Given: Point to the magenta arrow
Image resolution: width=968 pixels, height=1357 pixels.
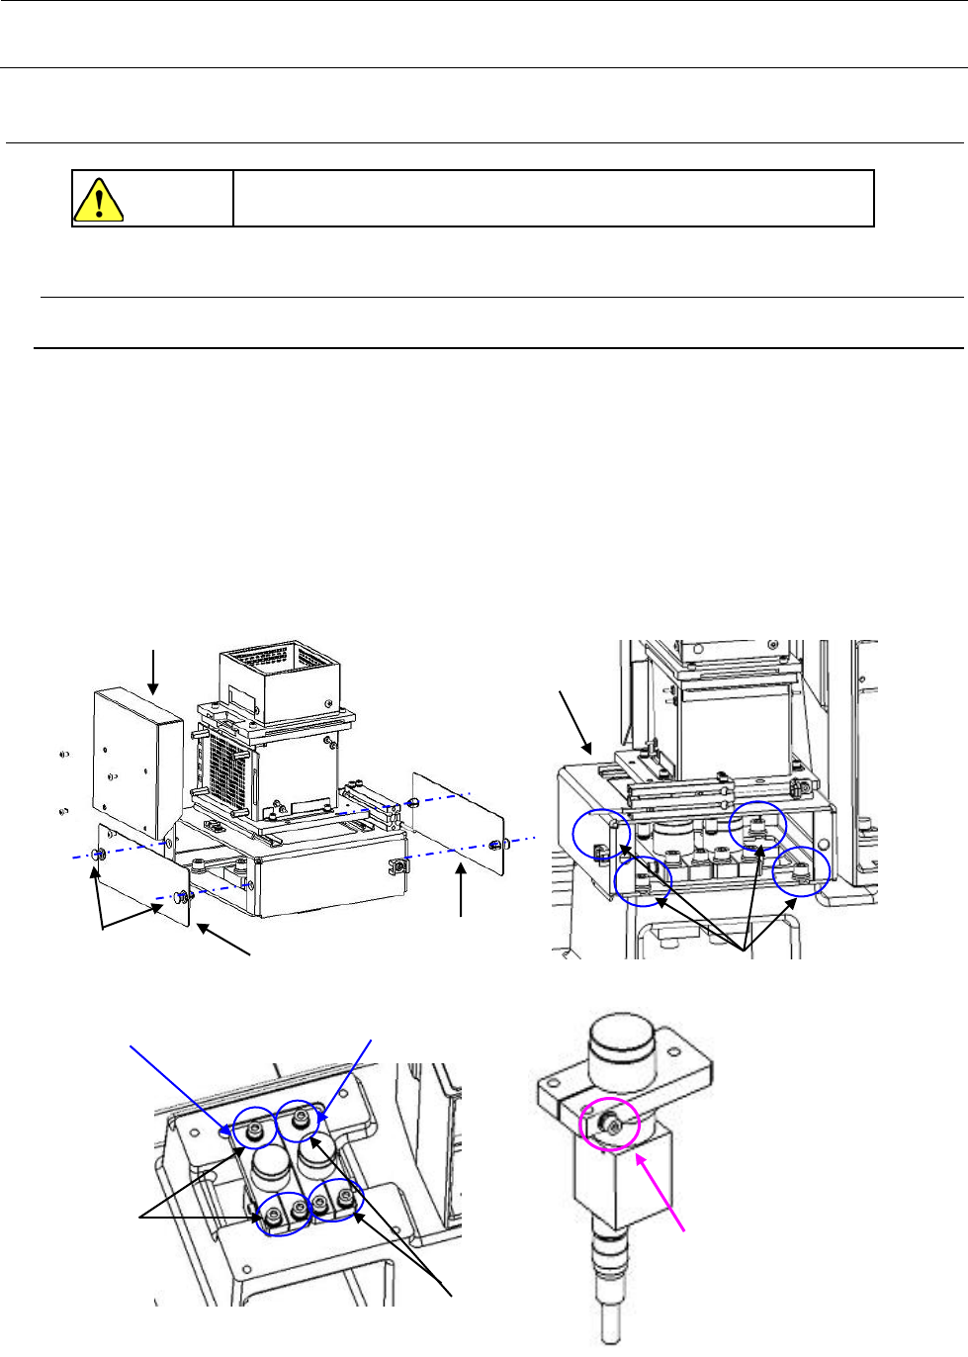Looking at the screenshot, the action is coord(660,1193).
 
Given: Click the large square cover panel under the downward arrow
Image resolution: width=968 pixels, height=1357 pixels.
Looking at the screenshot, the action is coord(136,763).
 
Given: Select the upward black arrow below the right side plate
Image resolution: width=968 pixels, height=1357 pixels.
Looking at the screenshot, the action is coord(461,890).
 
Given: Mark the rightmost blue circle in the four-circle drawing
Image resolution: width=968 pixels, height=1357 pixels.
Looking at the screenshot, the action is coord(801,871).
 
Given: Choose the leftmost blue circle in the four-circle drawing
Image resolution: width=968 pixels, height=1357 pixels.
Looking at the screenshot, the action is coord(601,837).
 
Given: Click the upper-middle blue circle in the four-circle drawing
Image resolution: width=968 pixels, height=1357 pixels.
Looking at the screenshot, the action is coord(757,826).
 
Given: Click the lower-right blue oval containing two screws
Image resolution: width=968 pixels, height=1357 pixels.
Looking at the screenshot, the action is coord(336,1200).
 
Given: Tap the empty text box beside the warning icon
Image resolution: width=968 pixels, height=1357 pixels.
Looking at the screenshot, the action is coord(554,199).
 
